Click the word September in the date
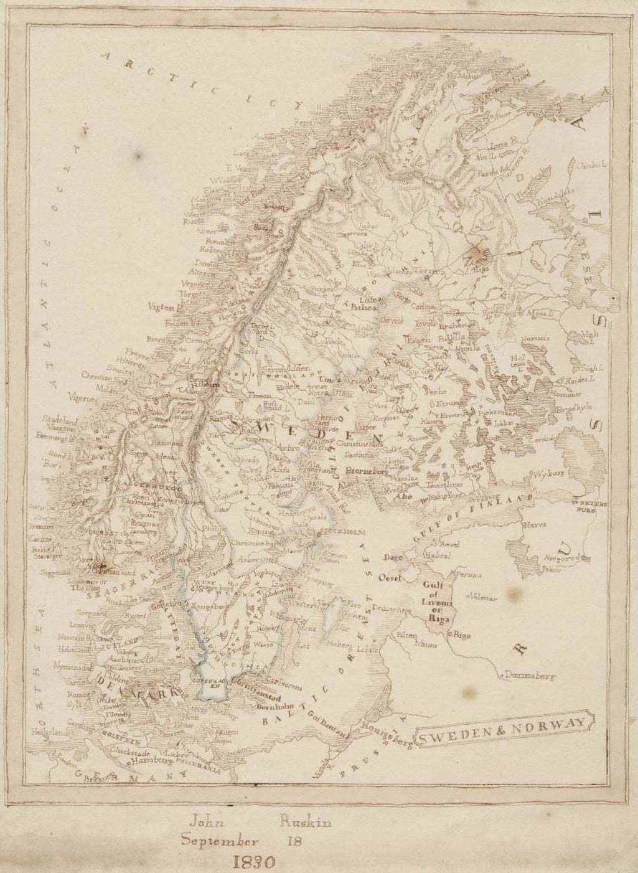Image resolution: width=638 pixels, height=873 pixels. coord(219,841)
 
